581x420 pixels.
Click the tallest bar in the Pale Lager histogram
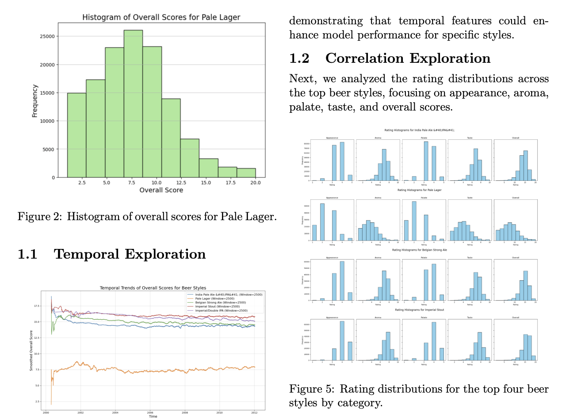tap(133, 104)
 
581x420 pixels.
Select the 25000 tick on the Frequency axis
tap(47, 36)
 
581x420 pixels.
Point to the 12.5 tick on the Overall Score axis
tap(181, 182)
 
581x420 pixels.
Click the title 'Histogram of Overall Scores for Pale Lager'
tap(161, 17)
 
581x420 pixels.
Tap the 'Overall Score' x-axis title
tap(161, 190)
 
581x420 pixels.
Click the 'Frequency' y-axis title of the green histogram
tap(34, 101)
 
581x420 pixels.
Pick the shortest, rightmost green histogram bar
tap(246, 173)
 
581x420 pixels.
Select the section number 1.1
tap(27, 254)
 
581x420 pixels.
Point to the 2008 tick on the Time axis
tap(185, 412)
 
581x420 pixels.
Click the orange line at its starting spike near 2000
tap(51, 389)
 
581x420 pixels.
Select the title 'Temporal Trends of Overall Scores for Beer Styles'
tap(153, 288)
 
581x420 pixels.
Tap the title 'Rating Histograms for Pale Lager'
tap(419, 190)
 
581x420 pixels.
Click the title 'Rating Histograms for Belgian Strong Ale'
tap(419, 250)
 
